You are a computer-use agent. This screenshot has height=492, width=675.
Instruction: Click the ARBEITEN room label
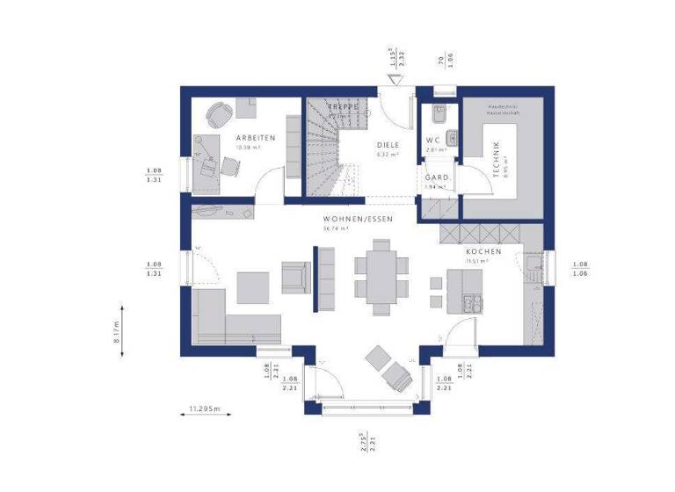pyautogui.click(x=256, y=138)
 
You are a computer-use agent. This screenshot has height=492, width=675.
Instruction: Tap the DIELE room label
pyautogui.click(x=388, y=145)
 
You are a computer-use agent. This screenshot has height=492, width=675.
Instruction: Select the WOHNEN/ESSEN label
pyautogui.click(x=357, y=218)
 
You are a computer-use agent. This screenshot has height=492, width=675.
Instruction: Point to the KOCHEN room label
pyautogui.click(x=483, y=251)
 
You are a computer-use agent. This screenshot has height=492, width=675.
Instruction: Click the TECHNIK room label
pyautogui.click(x=497, y=160)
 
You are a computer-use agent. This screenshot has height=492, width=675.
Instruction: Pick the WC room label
pyautogui.click(x=432, y=141)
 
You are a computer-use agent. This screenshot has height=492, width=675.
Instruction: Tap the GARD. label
pyautogui.click(x=437, y=177)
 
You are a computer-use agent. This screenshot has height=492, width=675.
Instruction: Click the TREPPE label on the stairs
pyautogui.click(x=344, y=107)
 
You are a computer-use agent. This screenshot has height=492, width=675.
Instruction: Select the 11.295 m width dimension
pyautogui.click(x=205, y=409)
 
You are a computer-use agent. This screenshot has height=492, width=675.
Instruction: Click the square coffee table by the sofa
pyautogui.click(x=253, y=286)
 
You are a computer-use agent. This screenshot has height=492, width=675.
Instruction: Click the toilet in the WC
pyautogui.click(x=439, y=115)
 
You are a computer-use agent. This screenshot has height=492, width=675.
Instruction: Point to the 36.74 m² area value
pyautogui.click(x=337, y=228)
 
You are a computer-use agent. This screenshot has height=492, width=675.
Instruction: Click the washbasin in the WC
pyautogui.click(x=452, y=137)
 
